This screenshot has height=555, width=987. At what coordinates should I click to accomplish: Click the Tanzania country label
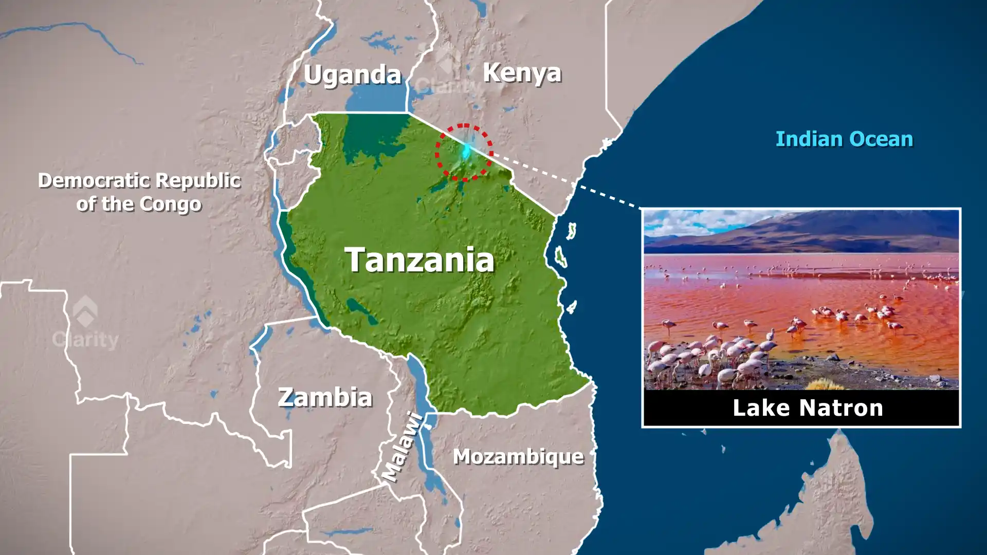coord(419,260)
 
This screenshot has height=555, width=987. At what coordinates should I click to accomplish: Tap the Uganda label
coord(352,75)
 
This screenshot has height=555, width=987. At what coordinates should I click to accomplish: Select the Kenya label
coord(522,73)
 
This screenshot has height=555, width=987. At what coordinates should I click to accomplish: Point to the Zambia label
coord(325,397)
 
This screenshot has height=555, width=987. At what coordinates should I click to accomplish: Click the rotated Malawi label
coord(404,448)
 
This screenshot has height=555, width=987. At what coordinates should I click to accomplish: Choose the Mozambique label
coord(518,456)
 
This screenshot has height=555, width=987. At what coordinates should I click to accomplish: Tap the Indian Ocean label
coord(844,139)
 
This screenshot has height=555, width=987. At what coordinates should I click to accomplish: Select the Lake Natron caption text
coord(807,408)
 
